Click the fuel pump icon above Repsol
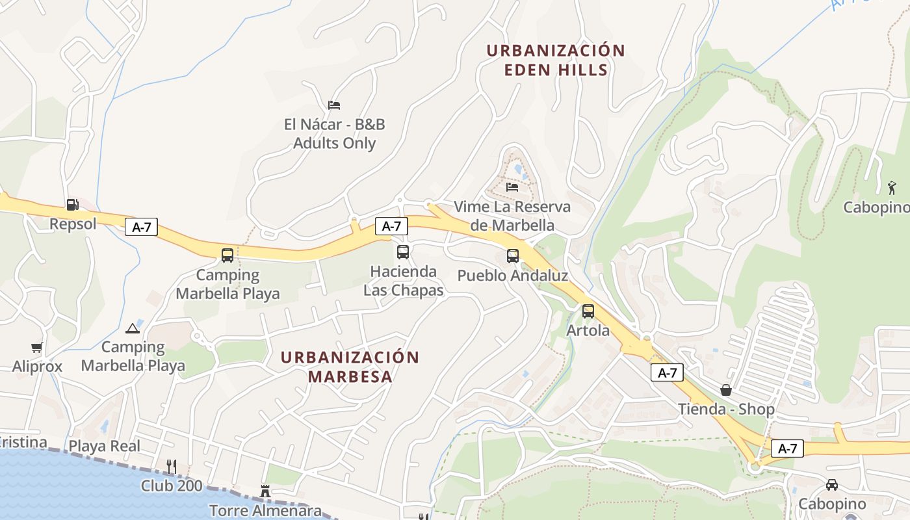coord(72,205)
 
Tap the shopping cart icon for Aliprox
coord(36,348)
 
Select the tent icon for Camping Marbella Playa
coord(133,328)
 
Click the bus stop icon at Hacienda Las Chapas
coord(403,252)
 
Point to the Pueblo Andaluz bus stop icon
coord(513,256)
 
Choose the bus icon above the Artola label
coord(588,311)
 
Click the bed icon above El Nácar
coord(334,105)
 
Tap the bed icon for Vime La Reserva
coord(512,187)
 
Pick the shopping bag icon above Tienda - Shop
coord(726,390)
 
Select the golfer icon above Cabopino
coord(892,188)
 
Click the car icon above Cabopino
coord(831,485)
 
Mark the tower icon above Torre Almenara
coord(265,491)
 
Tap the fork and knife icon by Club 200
coord(172,466)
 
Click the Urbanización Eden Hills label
coord(556,60)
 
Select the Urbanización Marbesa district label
coord(350,367)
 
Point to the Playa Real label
coord(105,446)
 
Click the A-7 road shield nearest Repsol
coord(141,227)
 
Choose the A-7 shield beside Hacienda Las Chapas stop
coord(391,226)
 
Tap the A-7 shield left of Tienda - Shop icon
coord(668,372)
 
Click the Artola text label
coord(588,330)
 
